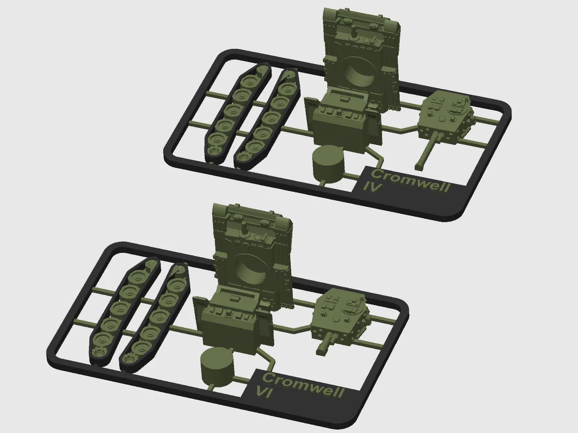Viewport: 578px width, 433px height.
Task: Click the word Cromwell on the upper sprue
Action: tap(410, 181)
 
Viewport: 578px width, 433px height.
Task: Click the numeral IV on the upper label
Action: tap(372, 186)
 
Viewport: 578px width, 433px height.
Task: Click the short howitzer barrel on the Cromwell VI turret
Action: tap(326, 344)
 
